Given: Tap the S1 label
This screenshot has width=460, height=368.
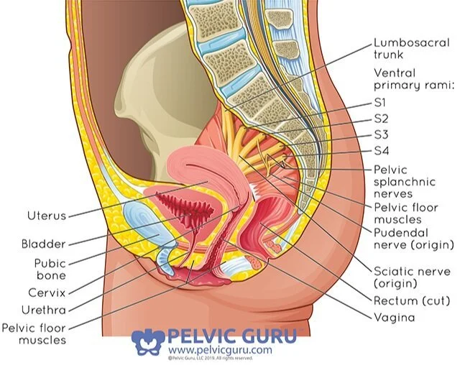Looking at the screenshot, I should [382, 103].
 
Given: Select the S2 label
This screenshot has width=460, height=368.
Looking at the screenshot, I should [382, 118].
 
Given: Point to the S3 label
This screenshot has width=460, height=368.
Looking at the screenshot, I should [382, 134].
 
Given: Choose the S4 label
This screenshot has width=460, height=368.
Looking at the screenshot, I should [382, 150].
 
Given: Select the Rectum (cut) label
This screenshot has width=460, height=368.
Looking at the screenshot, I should [410, 299].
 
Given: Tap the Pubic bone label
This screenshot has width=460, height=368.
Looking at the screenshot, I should [50, 269].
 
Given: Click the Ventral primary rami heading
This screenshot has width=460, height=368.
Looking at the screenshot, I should [413, 79].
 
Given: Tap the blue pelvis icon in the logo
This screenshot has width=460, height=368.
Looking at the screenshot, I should [147, 341].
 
